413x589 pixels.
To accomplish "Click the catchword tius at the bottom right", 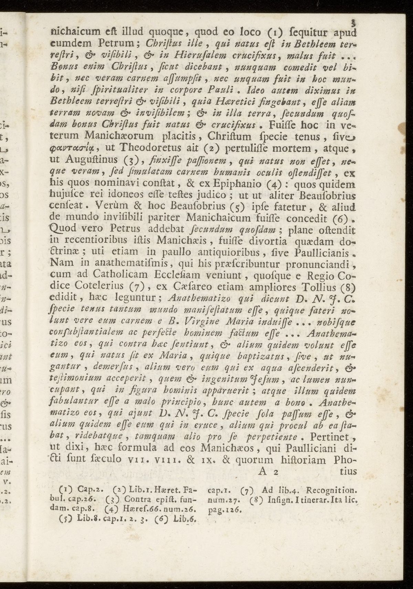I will pyautogui.click(x=347, y=472).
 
